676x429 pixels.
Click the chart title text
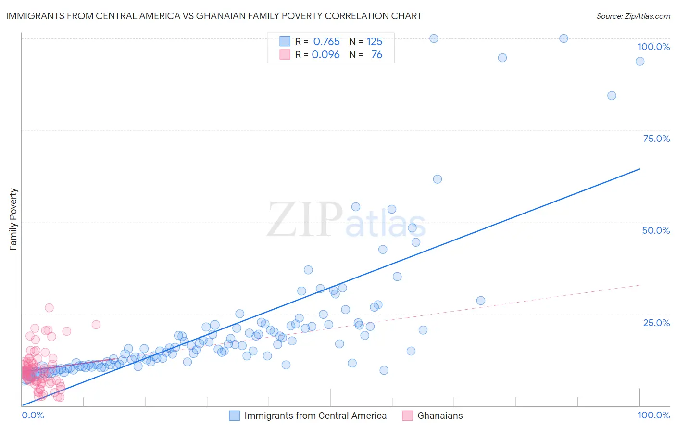pos(214,16)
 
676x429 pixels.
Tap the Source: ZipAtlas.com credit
pos(633,16)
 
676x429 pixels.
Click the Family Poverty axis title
pos(13,219)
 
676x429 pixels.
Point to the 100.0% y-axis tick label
pos(653,47)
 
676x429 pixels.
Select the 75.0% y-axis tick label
pos(656,139)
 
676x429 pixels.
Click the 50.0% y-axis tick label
pos(656,230)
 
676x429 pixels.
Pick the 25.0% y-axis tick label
pos(656,322)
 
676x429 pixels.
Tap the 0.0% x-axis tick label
pos(33,415)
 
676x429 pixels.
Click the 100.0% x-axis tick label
pos(653,415)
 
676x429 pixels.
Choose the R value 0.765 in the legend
pos(326,42)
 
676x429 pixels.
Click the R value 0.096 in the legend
pos(325,55)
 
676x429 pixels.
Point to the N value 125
pos(375,42)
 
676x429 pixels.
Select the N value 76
pos(376,55)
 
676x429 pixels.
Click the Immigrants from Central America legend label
pos(315,416)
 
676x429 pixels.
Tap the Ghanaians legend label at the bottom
pos(440,416)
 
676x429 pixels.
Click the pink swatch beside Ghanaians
pos(407,416)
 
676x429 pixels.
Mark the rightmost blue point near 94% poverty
pos(639,61)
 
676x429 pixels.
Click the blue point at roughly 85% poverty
pos(612,96)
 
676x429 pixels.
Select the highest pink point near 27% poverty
pos(49,308)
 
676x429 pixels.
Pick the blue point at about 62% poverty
pos(437,179)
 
